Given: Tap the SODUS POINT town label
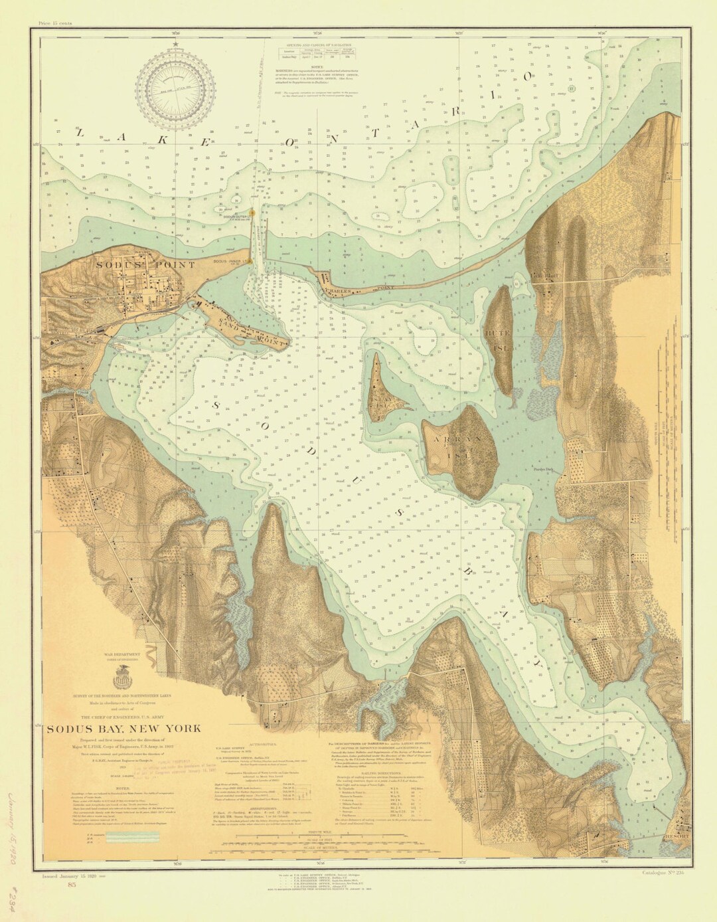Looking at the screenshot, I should [154, 264].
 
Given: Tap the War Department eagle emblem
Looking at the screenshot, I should [120, 678].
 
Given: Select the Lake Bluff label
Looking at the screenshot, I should [550, 274].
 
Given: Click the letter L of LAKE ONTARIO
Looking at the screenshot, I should [80, 134].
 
